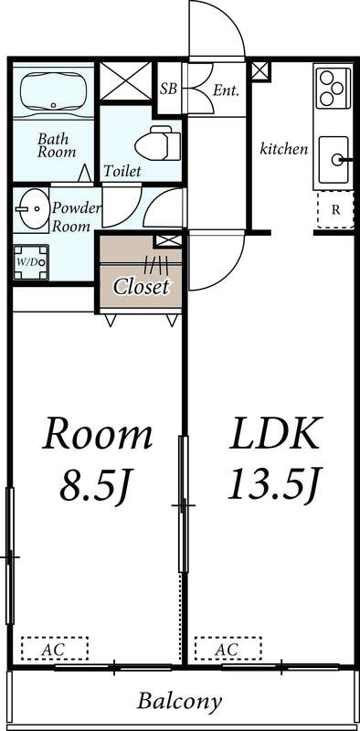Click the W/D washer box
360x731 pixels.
[30, 262]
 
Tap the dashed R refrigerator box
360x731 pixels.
[335, 210]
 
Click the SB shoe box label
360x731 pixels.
[168, 89]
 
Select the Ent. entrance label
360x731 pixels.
[225, 90]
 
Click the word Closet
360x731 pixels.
[142, 286]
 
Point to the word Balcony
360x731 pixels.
[179, 702]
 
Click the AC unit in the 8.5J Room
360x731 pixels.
[55, 649]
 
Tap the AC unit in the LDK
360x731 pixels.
[228, 649]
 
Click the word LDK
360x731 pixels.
[275, 435]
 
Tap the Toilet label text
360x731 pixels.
[122, 171]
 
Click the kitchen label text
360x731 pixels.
[284, 149]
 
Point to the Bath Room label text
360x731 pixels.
[56, 145]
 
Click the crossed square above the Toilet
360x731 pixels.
[125, 82]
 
